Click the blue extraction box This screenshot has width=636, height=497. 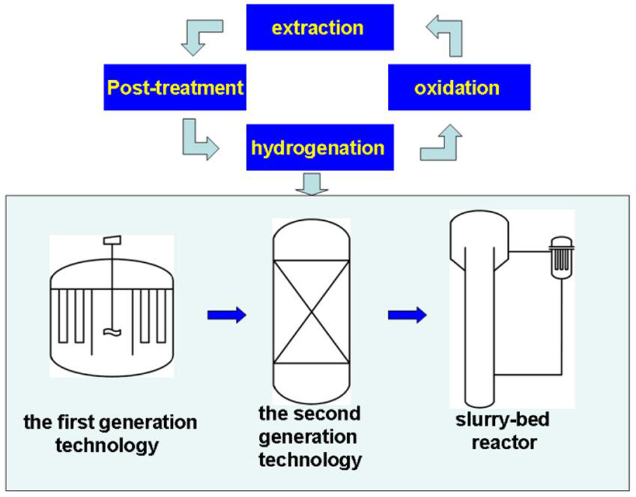point(317,27)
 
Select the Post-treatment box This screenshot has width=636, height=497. point(176,87)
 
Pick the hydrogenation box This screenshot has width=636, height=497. point(317,148)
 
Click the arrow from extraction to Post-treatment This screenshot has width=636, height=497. point(200,36)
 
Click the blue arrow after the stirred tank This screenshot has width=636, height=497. point(226,314)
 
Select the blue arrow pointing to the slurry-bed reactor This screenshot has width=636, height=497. point(407,314)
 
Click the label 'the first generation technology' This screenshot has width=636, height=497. point(110,433)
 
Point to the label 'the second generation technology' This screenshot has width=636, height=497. point(310,437)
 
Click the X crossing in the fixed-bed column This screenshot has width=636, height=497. point(311,312)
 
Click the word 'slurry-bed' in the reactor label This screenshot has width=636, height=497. point(502,420)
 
